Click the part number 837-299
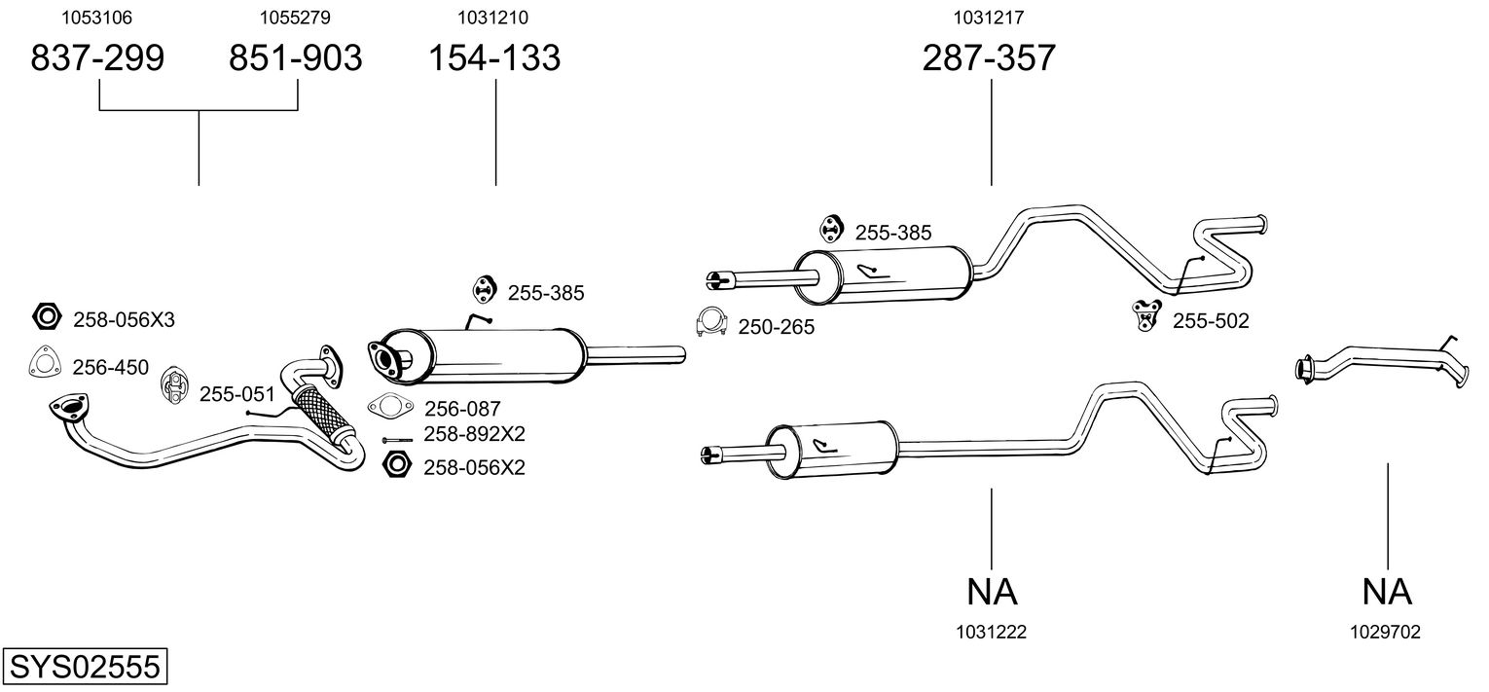[97, 58]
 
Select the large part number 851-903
[295, 58]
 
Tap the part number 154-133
[495, 58]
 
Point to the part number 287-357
[989, 58]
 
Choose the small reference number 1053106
[97, 18]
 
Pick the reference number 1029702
[1385, 632]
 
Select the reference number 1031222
[991, 632]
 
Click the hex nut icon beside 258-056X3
[46, 316]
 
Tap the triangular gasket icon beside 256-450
[43, 363]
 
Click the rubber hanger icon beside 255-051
[174, 386]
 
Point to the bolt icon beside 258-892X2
[399, 440]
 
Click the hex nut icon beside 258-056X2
[396, 465]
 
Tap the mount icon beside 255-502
[1147, 315]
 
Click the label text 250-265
[776, 328]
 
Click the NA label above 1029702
[1386, 591]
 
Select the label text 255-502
[1210, 320]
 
